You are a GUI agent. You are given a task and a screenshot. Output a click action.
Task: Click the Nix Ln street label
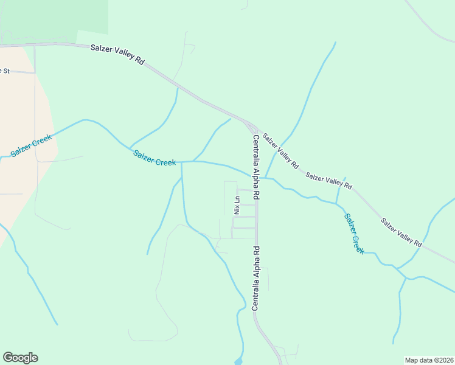pyautogui.click(x=237, y=204)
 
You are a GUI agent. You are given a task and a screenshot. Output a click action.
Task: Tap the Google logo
pyautogui.click(x=20, y=358)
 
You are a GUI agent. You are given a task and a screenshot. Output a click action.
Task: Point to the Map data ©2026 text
pyautogui.click(x=428, y=360)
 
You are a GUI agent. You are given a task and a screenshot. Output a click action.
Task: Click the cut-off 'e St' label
pyautogui.click(x=5, y=71)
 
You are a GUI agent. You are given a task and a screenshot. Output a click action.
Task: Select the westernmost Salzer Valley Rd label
pyautogui.click(x=117, y=54)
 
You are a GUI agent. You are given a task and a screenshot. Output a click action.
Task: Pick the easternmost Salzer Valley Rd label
pyautogui.click(x=401, y=231)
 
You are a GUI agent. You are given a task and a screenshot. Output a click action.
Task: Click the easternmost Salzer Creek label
pyautogui.click(x=354, y=233)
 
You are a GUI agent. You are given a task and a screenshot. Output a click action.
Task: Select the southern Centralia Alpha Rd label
pyautogui.click(x=257, y=278)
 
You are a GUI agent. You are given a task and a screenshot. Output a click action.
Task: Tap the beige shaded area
pyautogui.click(x=24, y=182)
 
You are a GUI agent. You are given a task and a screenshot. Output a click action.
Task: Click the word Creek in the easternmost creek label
pyautogui.click(x=358, y=242)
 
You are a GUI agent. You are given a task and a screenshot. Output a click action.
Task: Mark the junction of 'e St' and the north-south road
pyautogui.click(x=35, y=72)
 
